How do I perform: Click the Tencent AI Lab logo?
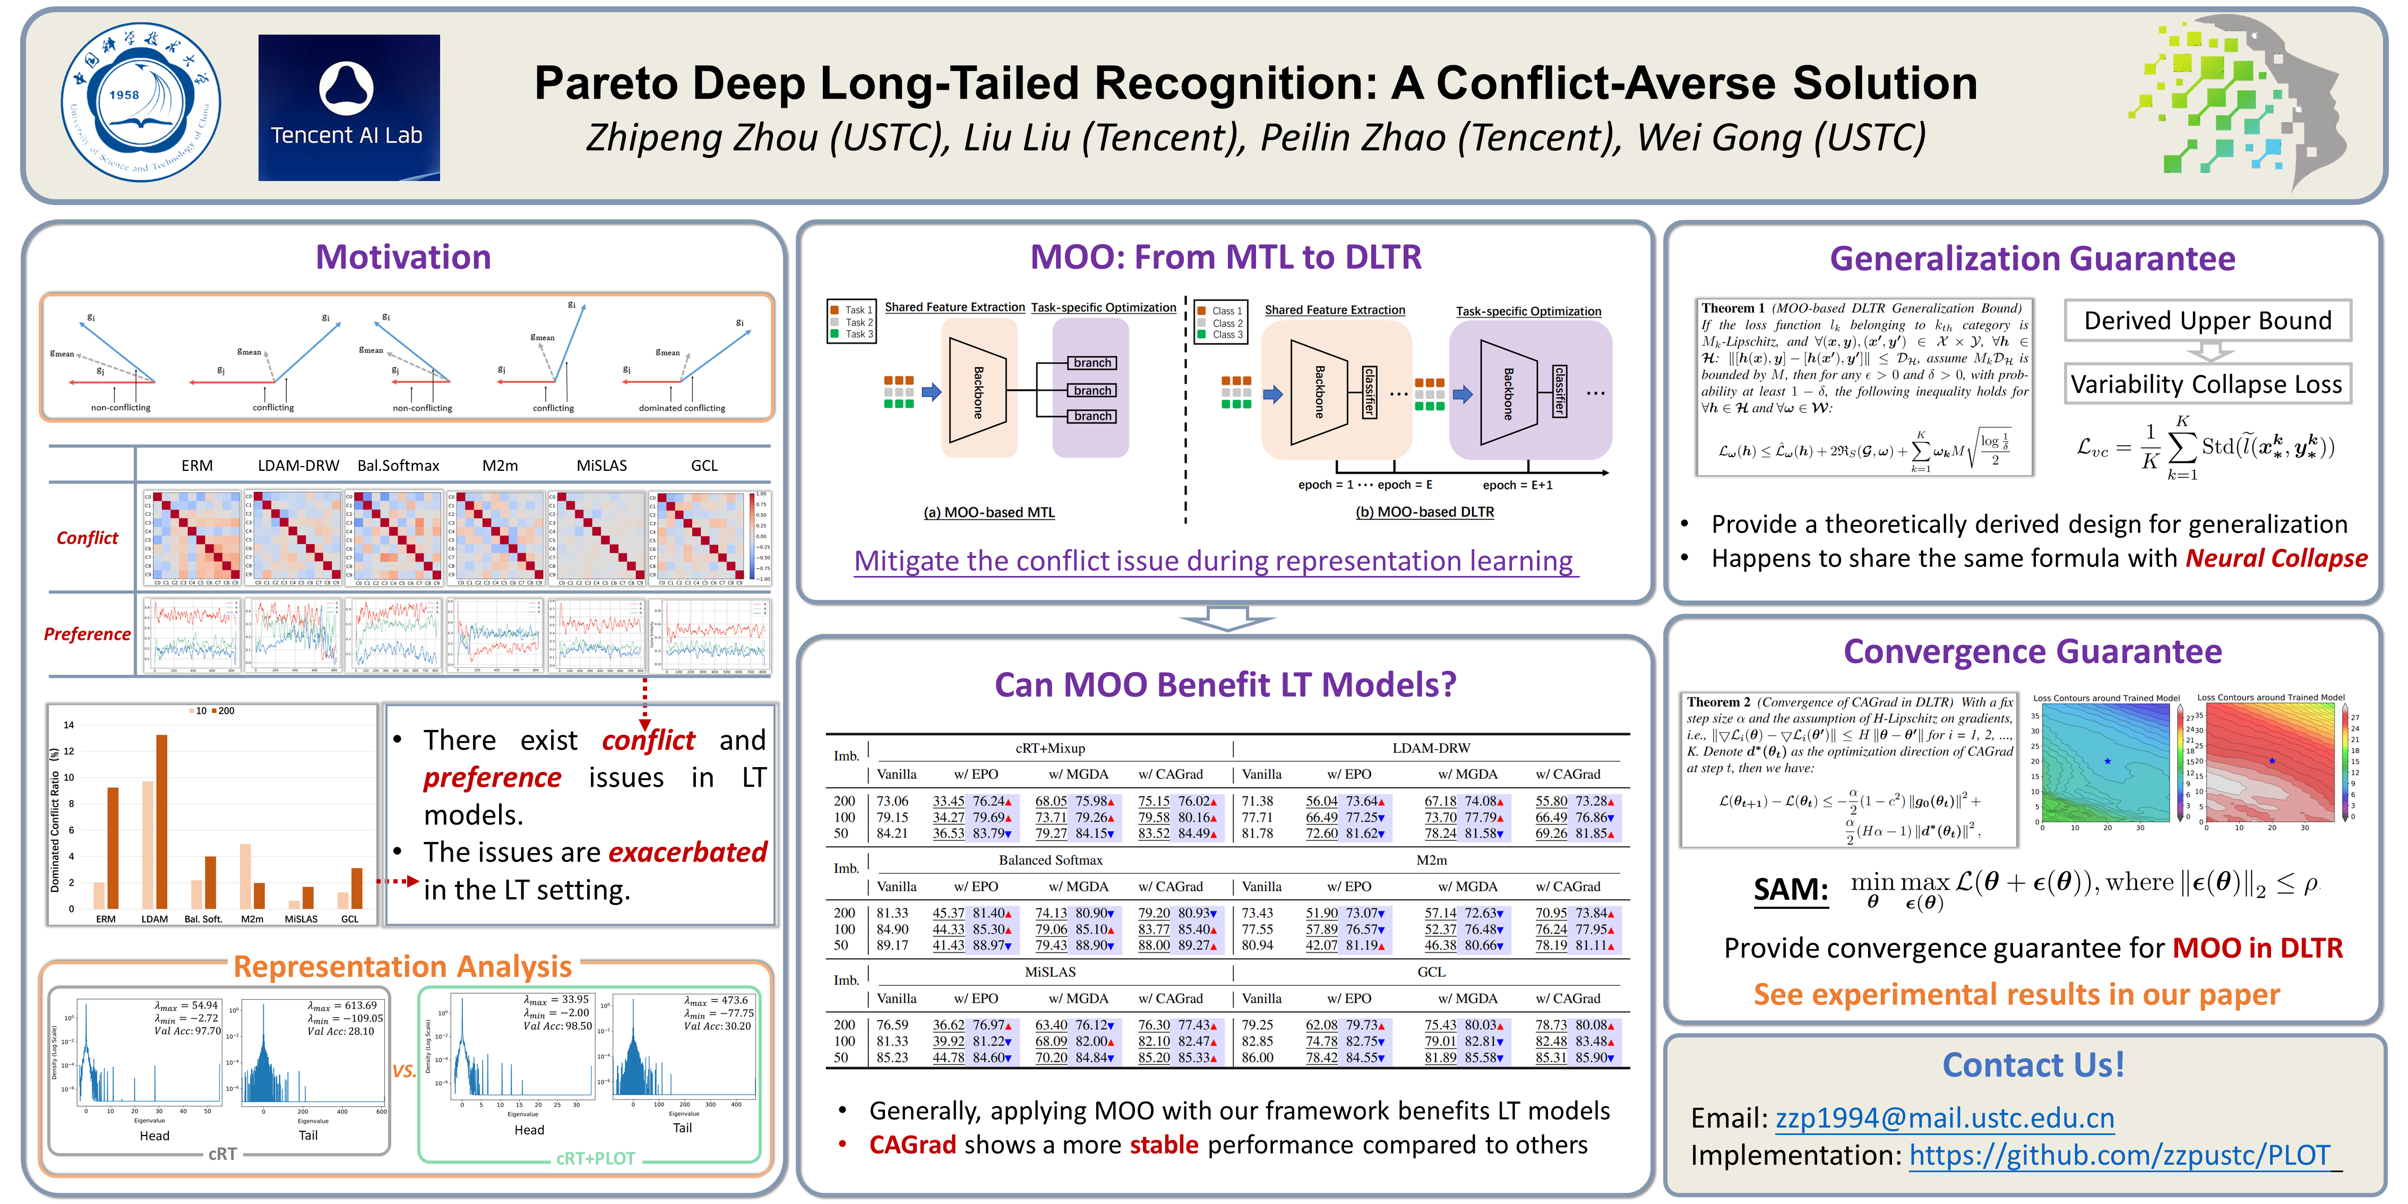349,107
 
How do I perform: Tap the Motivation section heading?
403,257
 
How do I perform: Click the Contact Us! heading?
2033,1065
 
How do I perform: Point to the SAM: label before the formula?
1790,889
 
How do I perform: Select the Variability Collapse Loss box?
2206,384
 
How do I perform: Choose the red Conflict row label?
87,537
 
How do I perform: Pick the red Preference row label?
87,634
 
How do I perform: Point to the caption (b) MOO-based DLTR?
1425,512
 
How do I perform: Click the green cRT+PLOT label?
596,1158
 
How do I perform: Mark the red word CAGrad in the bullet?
913,1145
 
